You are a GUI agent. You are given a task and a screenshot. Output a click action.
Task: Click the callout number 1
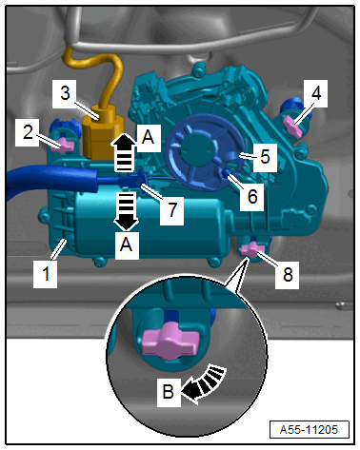click(46, 274)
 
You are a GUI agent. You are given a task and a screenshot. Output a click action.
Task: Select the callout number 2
click(28, 132)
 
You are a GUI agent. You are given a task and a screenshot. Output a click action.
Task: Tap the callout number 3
click(65, 93)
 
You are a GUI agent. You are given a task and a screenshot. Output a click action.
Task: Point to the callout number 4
click(316, 93)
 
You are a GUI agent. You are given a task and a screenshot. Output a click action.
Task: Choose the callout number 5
click(265, 157)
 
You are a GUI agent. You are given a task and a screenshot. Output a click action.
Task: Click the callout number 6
click(252, 197)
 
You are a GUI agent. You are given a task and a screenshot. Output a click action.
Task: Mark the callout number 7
click(172, 210)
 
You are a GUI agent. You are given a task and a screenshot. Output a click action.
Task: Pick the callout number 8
click(288, 275)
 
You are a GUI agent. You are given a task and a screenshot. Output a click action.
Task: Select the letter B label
click(169, 392)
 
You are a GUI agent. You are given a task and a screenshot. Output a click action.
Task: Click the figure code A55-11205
click(309, 430)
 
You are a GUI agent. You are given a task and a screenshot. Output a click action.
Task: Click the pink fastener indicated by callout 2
click(64, 146)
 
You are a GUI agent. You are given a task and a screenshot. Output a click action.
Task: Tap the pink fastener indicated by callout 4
click(292, 126)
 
